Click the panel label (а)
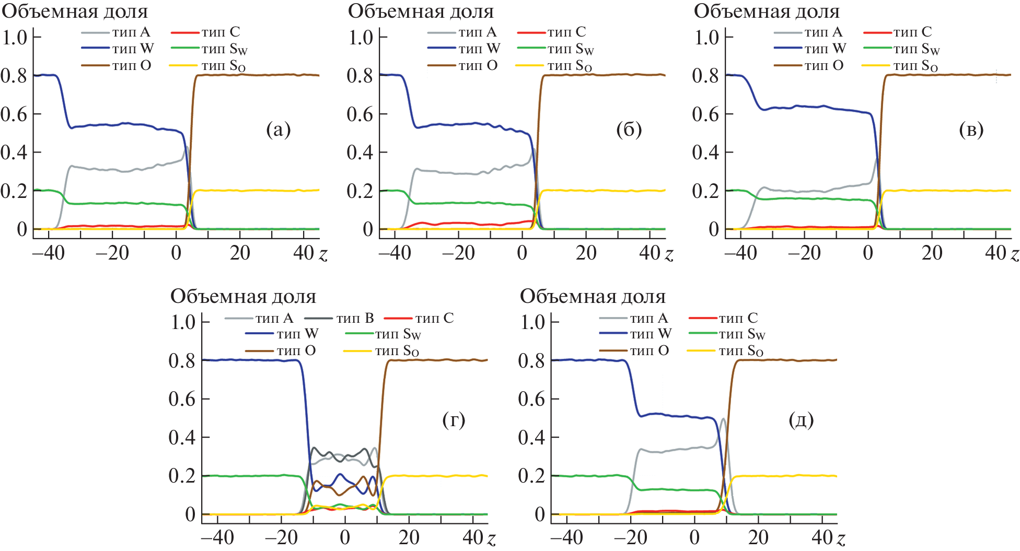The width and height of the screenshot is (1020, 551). (278, 130)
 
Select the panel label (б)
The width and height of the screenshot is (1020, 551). (629, 130)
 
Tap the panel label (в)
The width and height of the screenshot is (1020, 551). (971, 130)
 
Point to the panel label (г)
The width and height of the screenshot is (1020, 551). (454, 419)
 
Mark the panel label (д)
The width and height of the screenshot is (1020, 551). (801, 419)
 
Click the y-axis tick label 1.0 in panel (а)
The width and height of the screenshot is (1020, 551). (15, 38)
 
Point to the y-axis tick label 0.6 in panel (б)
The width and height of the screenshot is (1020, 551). (361, 114)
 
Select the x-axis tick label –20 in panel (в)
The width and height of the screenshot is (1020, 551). (804, 253)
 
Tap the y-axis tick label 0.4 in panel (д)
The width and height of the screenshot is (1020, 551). (531, 438)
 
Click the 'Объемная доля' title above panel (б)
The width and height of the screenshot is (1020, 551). (421, 11)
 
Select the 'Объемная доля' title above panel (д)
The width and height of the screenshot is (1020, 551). (593, 297)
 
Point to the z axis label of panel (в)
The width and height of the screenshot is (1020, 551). (1014, 254)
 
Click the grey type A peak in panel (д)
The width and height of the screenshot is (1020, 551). (723, 419)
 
